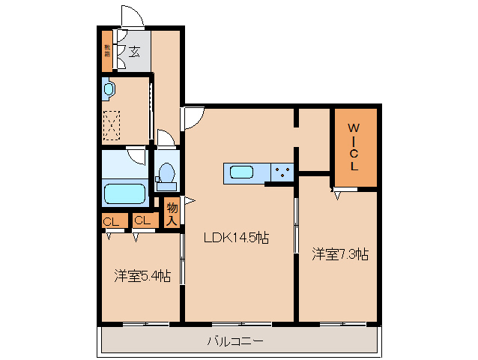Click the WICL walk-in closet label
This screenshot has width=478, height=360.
pos(354,146)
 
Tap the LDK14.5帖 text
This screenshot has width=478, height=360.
pos(238,238)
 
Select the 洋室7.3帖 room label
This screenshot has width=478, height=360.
pos(339,254)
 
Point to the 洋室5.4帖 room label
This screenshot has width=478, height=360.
pos(142,276)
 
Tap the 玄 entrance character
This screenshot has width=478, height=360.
pos(133,51)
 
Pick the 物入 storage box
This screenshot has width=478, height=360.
pos(172,213)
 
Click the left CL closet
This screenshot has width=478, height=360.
pos(111,221)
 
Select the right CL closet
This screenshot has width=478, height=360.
pos(142,221)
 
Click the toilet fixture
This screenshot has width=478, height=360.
pos(166,175)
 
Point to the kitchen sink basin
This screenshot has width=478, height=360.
pos(241,172)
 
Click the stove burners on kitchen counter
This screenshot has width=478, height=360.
pos(283,172)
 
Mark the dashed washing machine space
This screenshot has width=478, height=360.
pos(113,124)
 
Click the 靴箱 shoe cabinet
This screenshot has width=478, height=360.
pos(107,51)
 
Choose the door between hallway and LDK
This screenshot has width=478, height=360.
pos(192,117)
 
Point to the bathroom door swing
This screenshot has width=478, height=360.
pos(136,155)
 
